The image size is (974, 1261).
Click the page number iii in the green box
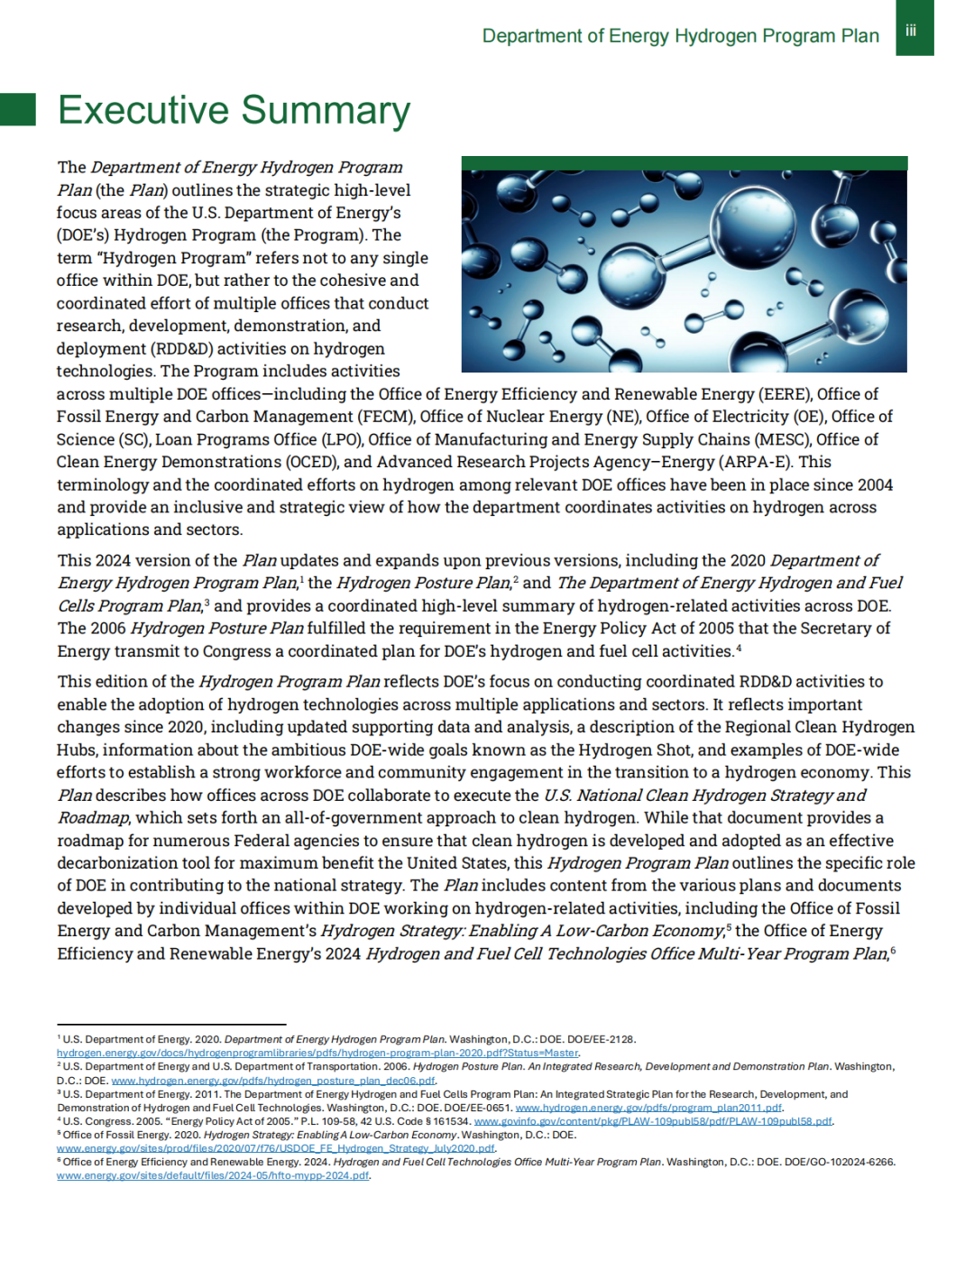coord(911,32)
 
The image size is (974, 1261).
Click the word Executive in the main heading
coord(143,111)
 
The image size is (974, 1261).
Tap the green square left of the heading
coord(18,109)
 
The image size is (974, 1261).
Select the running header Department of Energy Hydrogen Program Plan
coord(680,36)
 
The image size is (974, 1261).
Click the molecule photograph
coord(684,271)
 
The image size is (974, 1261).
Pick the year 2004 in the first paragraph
coord(875,484)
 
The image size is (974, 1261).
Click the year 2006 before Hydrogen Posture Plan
coord(106,628)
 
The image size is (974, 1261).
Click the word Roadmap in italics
coord(94,818)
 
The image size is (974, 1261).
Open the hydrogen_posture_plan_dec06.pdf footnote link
coord(273,1081)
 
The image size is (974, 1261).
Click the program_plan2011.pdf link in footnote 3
coord(648,1108)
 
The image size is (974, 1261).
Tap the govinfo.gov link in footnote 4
coord(653,1121)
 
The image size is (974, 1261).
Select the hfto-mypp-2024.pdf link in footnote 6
coord(213,1175)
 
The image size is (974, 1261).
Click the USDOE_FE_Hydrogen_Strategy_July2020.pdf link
coord(276,1148)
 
